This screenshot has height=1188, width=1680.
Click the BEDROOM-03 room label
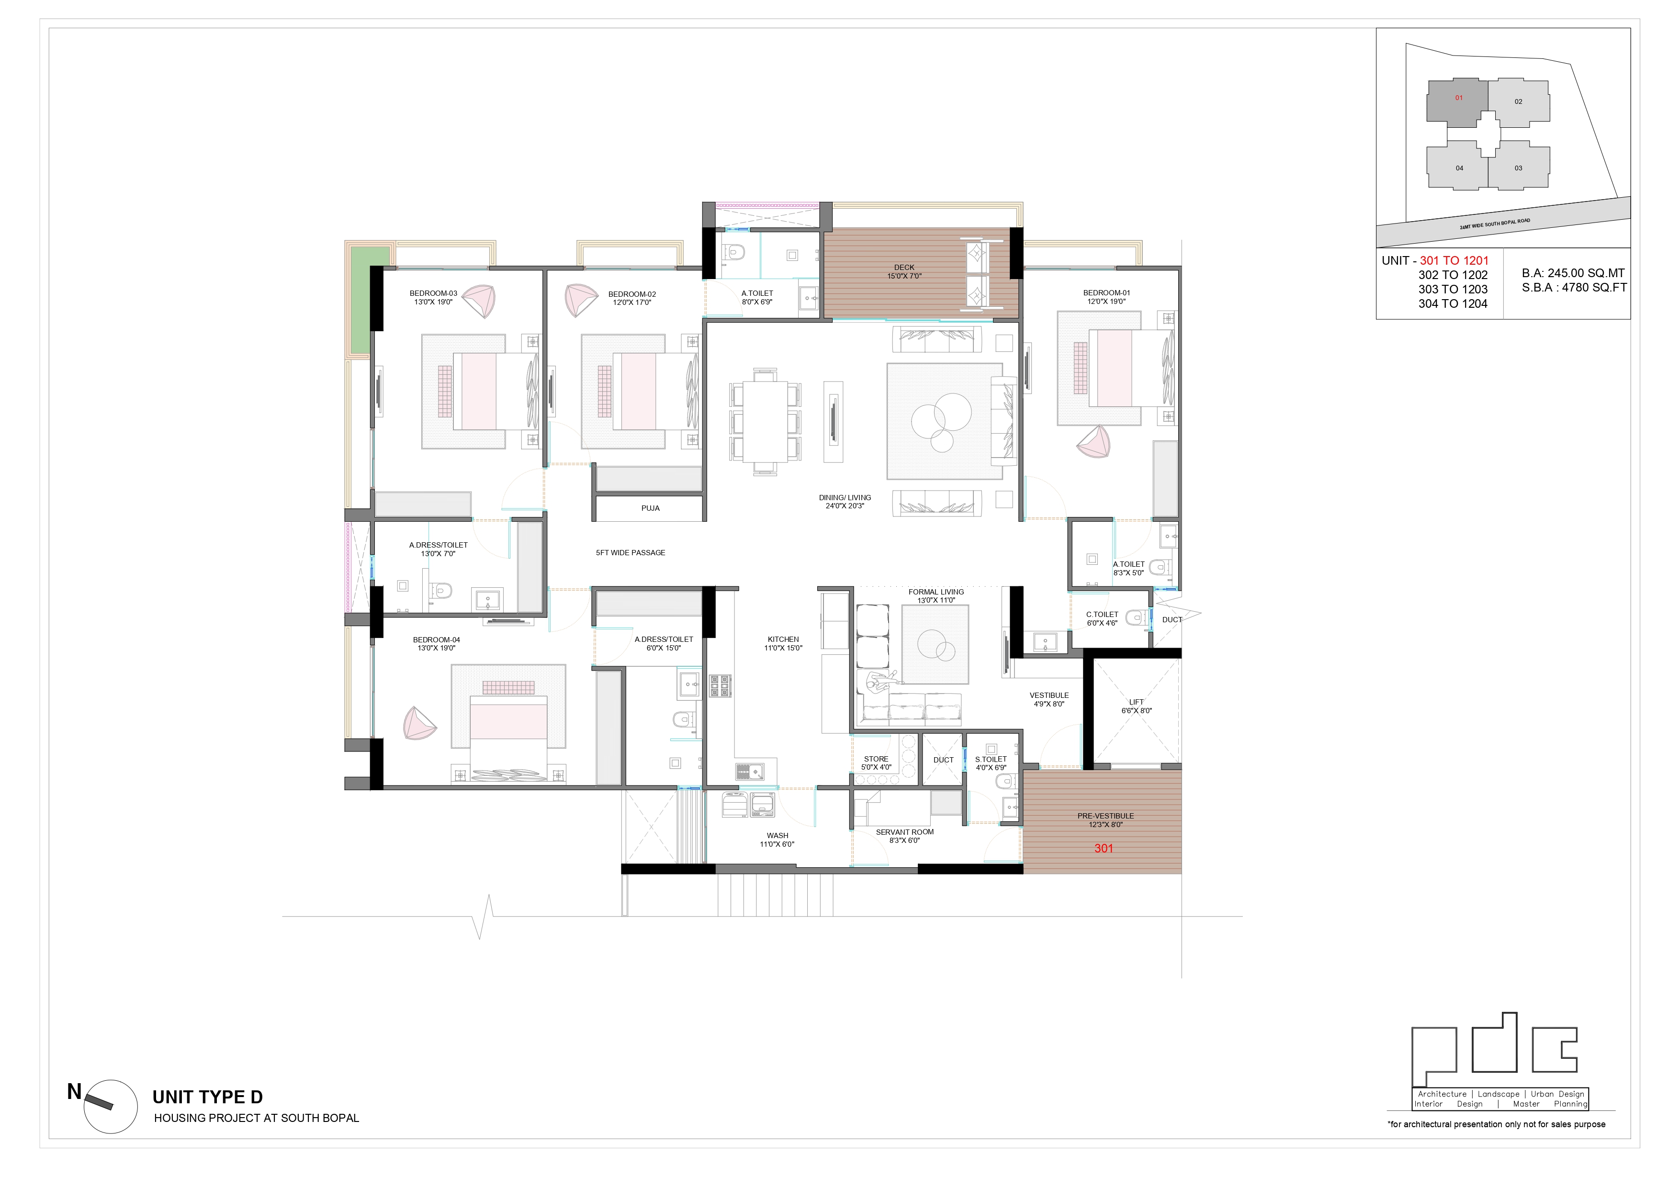433,294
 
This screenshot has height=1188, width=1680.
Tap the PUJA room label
651,508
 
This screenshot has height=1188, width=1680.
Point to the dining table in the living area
766,421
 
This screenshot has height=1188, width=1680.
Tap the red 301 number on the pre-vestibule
1104,849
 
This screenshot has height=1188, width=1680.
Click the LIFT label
1136,702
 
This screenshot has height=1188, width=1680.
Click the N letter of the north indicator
74,1092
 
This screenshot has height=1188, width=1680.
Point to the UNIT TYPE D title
207,1097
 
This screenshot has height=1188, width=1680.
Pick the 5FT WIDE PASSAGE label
630,553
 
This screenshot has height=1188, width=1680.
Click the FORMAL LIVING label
936,592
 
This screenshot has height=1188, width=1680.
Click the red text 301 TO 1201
1454,260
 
